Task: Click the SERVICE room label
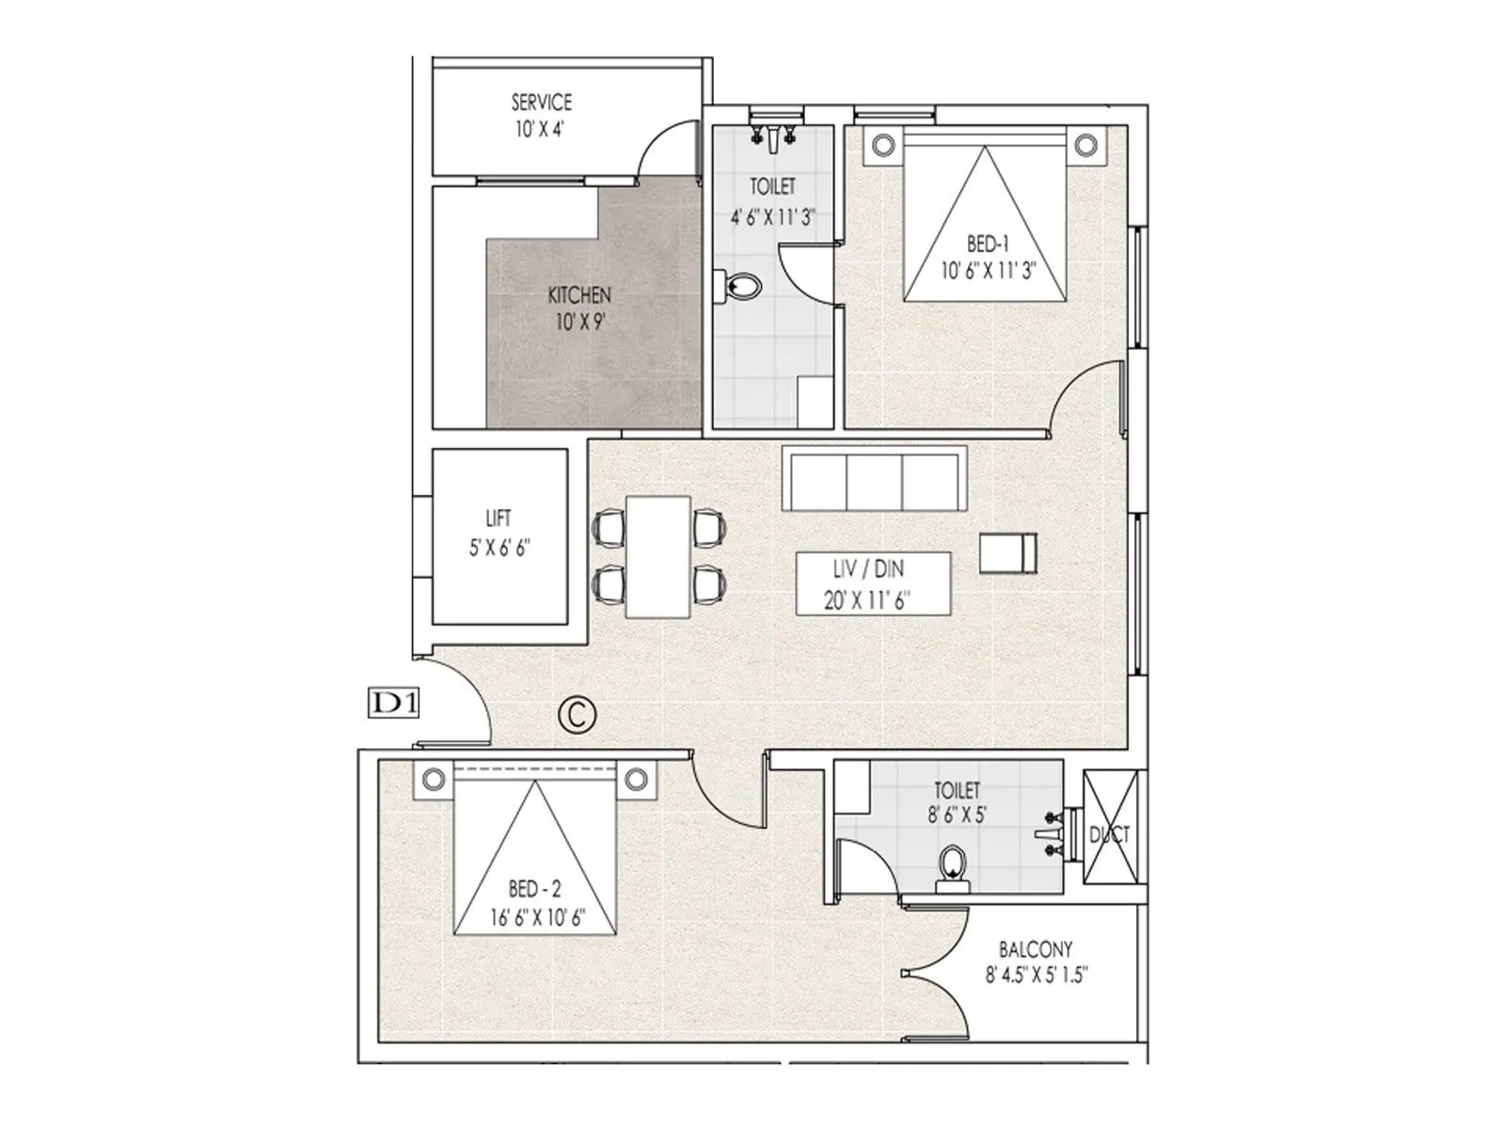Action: click(541, 102)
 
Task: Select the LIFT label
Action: click(499, 518)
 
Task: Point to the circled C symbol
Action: click(578, 714)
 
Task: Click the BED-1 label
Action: click(988, 246)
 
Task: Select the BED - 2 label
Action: click(534, 889)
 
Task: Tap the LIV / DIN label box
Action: click(873, 583)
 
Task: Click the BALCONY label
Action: click(1036, 949)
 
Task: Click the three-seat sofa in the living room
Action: click(873, 480)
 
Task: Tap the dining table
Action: click(658, 557)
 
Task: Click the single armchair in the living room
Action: click(1008, 553)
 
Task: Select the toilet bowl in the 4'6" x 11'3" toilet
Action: click(739, 287)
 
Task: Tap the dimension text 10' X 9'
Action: click(579, 322)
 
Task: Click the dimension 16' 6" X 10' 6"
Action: click(537, 917)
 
